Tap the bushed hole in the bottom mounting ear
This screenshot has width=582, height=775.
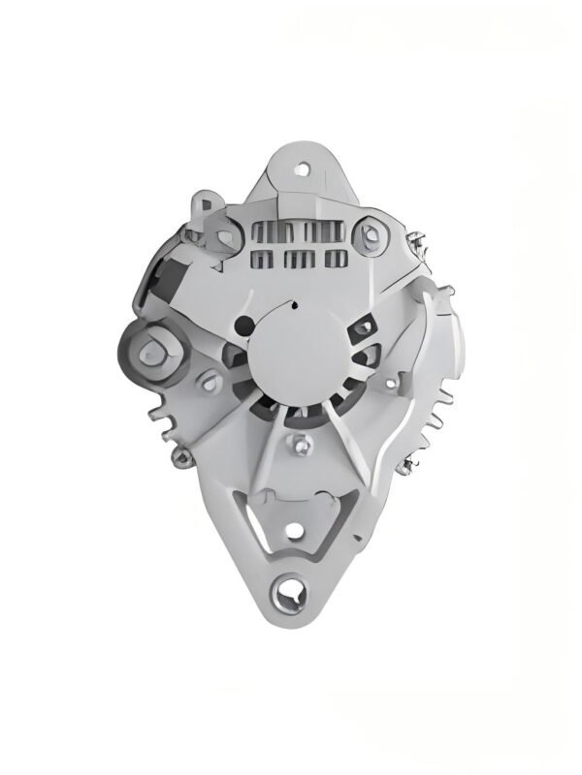tap(290, 587)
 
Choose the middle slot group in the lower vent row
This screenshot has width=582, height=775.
tap(299, 258)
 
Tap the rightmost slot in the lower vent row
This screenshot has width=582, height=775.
tap(335, 257)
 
